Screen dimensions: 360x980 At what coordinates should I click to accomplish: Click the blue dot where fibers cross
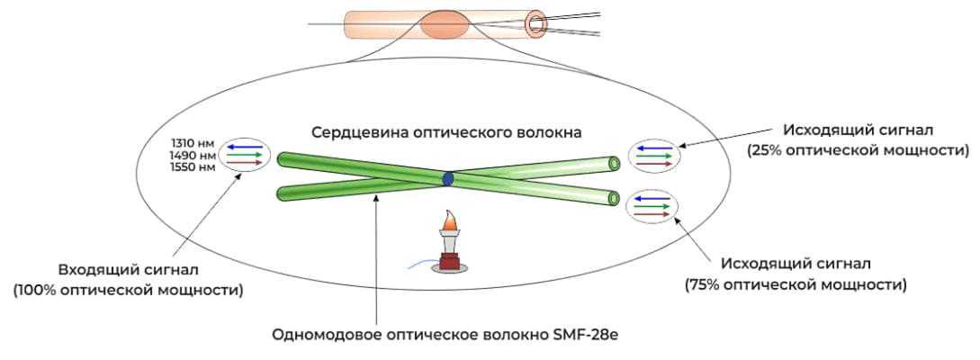(447, 179)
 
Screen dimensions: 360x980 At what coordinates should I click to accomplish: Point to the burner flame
(449, 220)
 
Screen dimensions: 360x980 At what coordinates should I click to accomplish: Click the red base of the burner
(450, 264)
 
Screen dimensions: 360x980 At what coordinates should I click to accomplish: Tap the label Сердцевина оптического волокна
(447, 132)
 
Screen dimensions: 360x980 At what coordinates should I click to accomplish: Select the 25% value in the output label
(763, 149)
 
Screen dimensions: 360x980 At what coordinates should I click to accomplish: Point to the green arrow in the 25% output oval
(654, 155)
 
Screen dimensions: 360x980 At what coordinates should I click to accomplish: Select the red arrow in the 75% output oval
(654, 215)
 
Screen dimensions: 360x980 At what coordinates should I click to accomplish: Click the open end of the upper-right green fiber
(614, 163)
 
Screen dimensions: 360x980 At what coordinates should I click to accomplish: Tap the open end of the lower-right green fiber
(614, 198)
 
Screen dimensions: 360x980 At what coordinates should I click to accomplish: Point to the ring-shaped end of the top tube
(538, 22)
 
